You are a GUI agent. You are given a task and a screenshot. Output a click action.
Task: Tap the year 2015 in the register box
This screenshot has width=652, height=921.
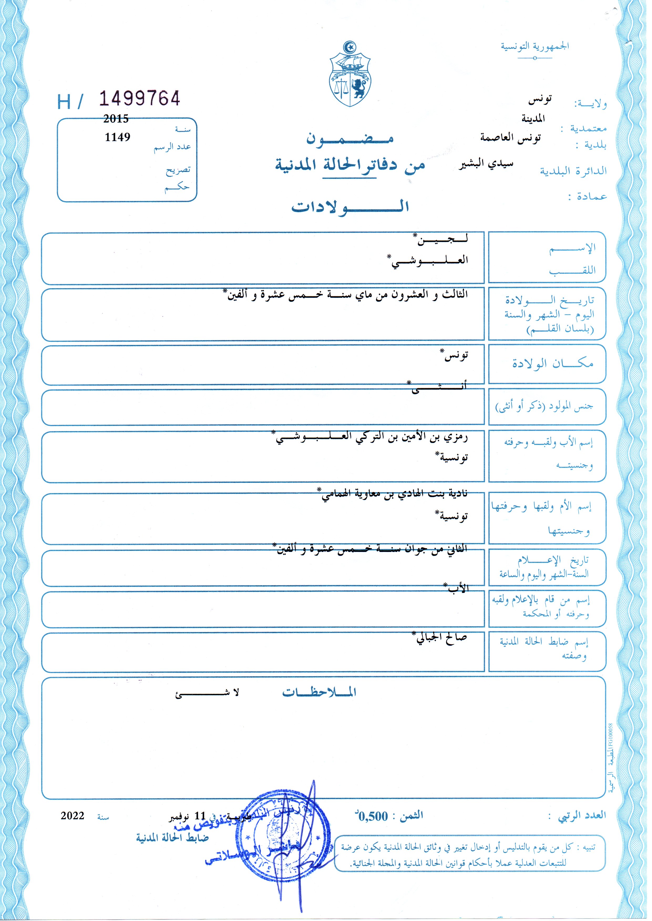coord(116,119)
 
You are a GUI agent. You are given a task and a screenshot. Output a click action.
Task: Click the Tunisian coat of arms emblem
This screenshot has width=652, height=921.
coord(350,74)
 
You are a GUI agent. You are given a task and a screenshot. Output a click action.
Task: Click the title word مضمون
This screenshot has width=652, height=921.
coord(350,138)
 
